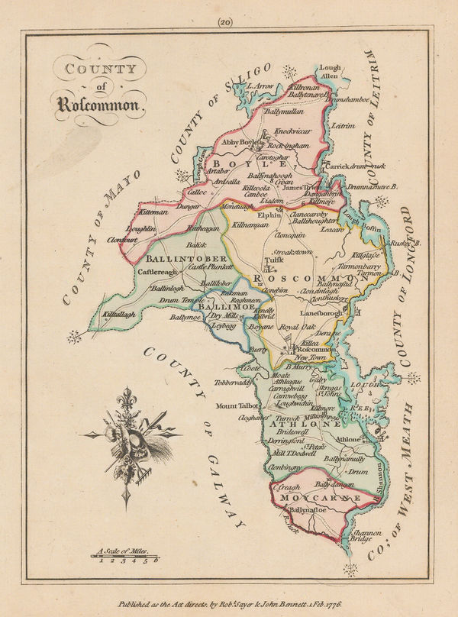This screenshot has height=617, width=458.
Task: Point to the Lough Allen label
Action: [x=329, y=72]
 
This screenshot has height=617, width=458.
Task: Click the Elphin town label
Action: [x=269, y=215]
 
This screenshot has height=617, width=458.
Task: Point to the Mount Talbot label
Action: [x=239, y=405]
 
